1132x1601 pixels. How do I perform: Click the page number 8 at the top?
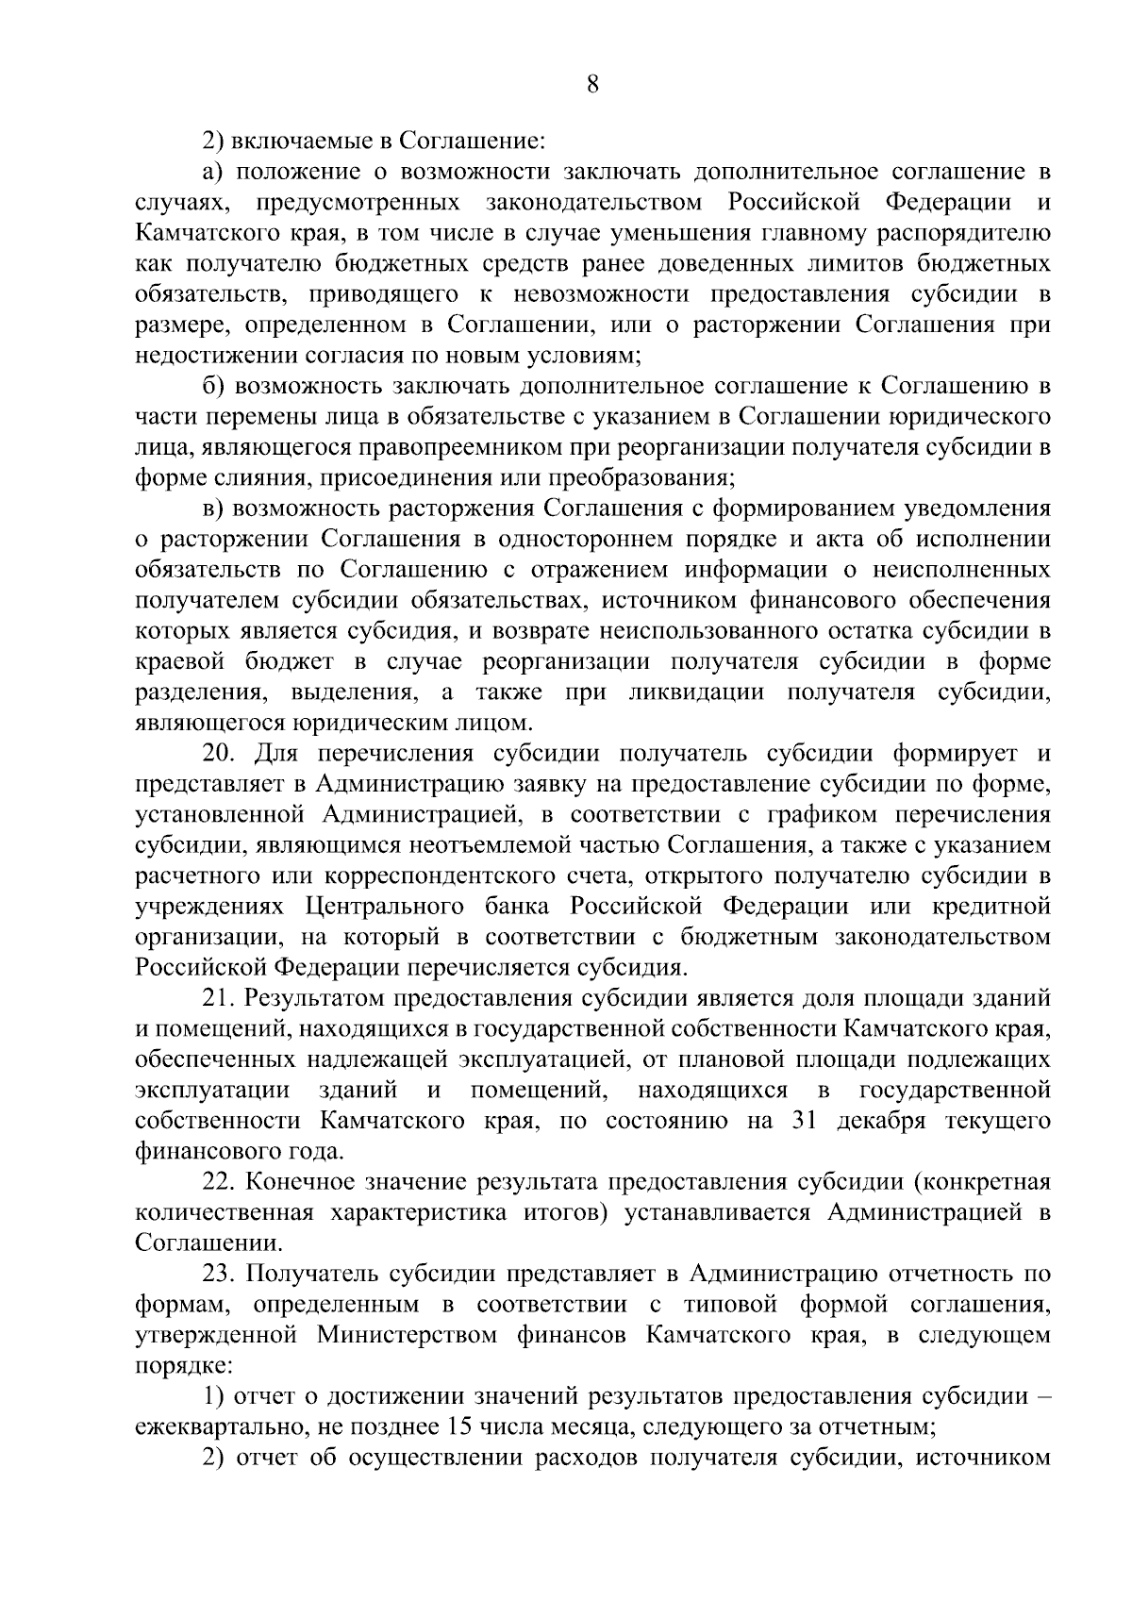coord(591,84)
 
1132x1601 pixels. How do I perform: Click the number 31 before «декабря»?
coord(798,1121)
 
